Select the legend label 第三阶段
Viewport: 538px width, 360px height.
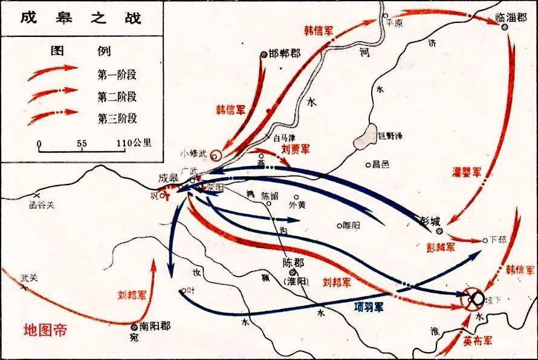tap(116, 113)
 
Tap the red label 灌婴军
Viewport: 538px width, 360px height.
tap(467, 172)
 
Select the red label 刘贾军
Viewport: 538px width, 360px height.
tap(296, 148)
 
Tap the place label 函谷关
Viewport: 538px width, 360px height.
tap(42, 205)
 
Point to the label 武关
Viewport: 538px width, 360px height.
tap(29, 278)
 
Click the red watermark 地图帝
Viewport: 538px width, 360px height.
tap(45, 330)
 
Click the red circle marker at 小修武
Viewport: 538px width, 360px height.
tap(214, 154)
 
